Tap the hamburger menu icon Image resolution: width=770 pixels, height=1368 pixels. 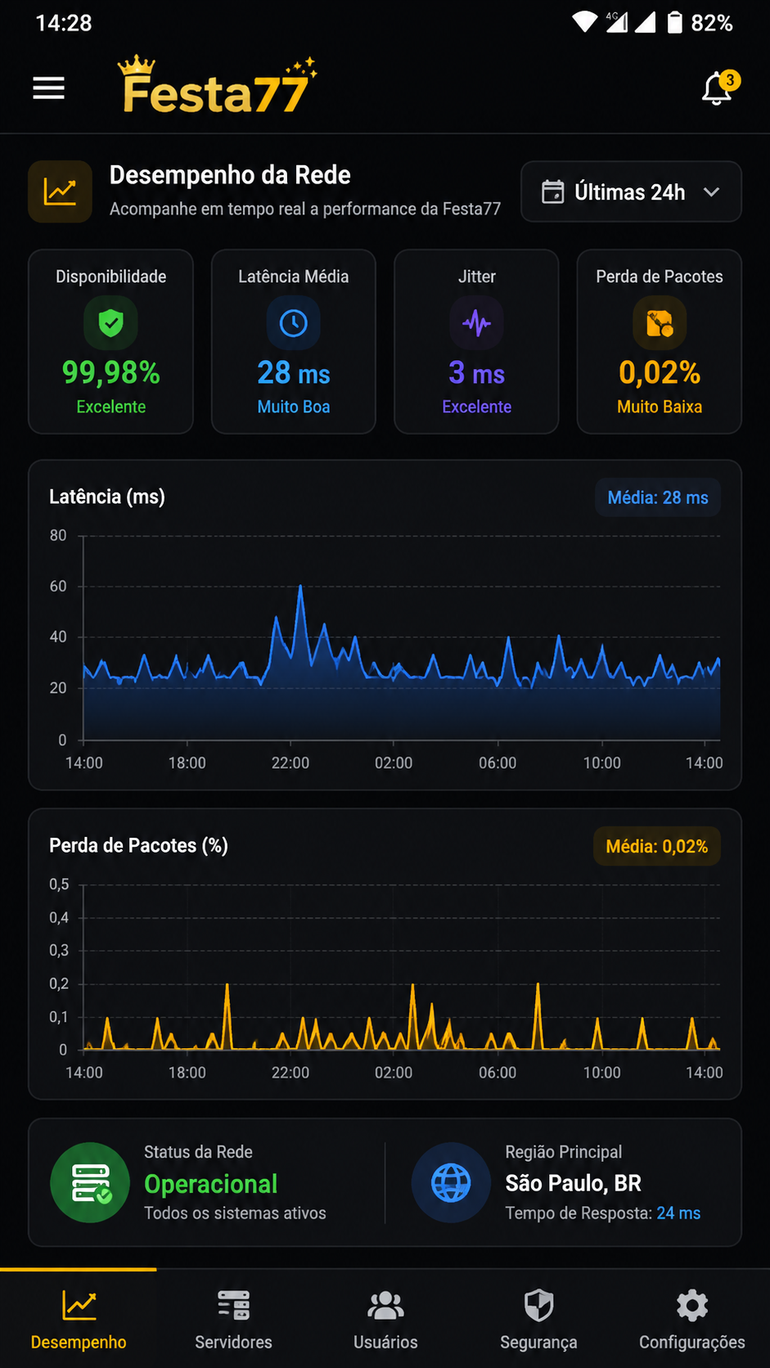[x=49, y=88]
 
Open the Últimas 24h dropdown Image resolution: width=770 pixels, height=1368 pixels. [x=631, y=191]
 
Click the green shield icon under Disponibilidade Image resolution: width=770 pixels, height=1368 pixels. [x=110, y=322]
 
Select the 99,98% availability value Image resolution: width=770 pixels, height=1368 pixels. [x=110, y=372]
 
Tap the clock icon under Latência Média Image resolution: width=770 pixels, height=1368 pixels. [x=293, y=322]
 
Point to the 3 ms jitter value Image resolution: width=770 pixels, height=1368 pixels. [x=476, y=372]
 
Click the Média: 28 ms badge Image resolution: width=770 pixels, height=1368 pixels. [x=658, y=497]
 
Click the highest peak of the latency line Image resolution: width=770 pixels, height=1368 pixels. [x=300, y=587]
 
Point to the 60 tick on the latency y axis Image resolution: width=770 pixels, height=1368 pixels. [x=58, y=587]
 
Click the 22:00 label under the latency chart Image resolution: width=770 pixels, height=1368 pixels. [x=290, y=763]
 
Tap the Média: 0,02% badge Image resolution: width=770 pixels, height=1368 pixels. [x=656, y=847]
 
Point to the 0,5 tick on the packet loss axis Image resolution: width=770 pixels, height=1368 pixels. [x=59, y=884]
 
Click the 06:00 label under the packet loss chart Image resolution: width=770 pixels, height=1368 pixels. [x=497, y=1073]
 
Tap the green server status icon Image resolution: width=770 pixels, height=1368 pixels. [x=90, y=1182]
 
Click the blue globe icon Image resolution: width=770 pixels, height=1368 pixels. [x=451, y=1182]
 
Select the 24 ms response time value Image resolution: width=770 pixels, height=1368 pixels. [x=678, y=1213]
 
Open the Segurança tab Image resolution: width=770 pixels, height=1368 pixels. [x=538, y=1318]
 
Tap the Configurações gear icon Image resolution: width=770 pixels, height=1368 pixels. [x=691, y=1306]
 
